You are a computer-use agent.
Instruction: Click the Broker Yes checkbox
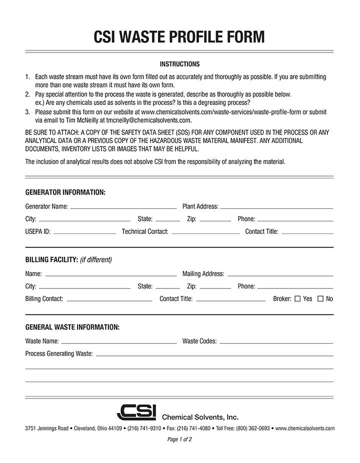(x=297, y=299)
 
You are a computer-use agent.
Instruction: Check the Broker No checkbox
(x=320, y=299)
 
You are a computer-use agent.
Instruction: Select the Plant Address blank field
(x=276, y=206)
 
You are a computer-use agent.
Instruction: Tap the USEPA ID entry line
(x=84, y=232)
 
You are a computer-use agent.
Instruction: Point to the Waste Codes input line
(x=276, y=342)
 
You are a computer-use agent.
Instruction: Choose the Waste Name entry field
(x=118, y=342)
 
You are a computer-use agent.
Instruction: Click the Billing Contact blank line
(x=109, y=299)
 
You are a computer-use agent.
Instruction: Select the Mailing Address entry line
(x=280, y=274)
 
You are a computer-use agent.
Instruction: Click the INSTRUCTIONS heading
(x=179, y=64)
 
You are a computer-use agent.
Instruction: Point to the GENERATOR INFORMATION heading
(x=65, y=192)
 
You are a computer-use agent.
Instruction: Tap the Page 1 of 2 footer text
(x=179, y=439)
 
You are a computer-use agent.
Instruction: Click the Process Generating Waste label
(x=59, y=354)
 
